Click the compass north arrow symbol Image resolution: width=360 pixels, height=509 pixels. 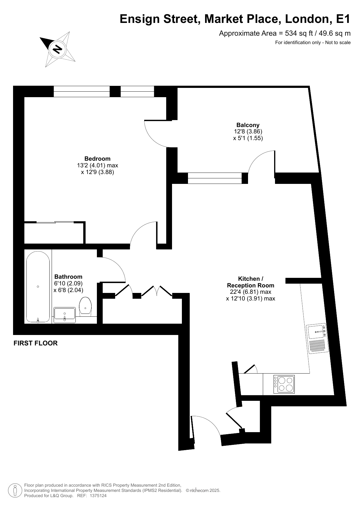[x=57, y=49]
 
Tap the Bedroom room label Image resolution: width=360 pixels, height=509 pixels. [x=97, y=159]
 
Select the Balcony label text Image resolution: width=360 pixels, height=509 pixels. [x=248, y=125]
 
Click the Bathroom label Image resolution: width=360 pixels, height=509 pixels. [x=68, y=277]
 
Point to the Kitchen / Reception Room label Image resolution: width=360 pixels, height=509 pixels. [x=251, y=282]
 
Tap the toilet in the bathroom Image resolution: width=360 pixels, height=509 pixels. [x=86, y=306]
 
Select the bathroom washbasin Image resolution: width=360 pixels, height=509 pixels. [x=65, y=315]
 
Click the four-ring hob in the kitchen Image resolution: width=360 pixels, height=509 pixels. [x=284, y=384]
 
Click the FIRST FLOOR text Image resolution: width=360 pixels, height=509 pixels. [x=36, y=343]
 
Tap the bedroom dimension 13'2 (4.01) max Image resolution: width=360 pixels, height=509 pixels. [x=97, y=165]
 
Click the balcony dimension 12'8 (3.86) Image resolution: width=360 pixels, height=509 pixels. [x=248, y=131]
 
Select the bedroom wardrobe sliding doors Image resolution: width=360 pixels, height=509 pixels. [x=55, y=222]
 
